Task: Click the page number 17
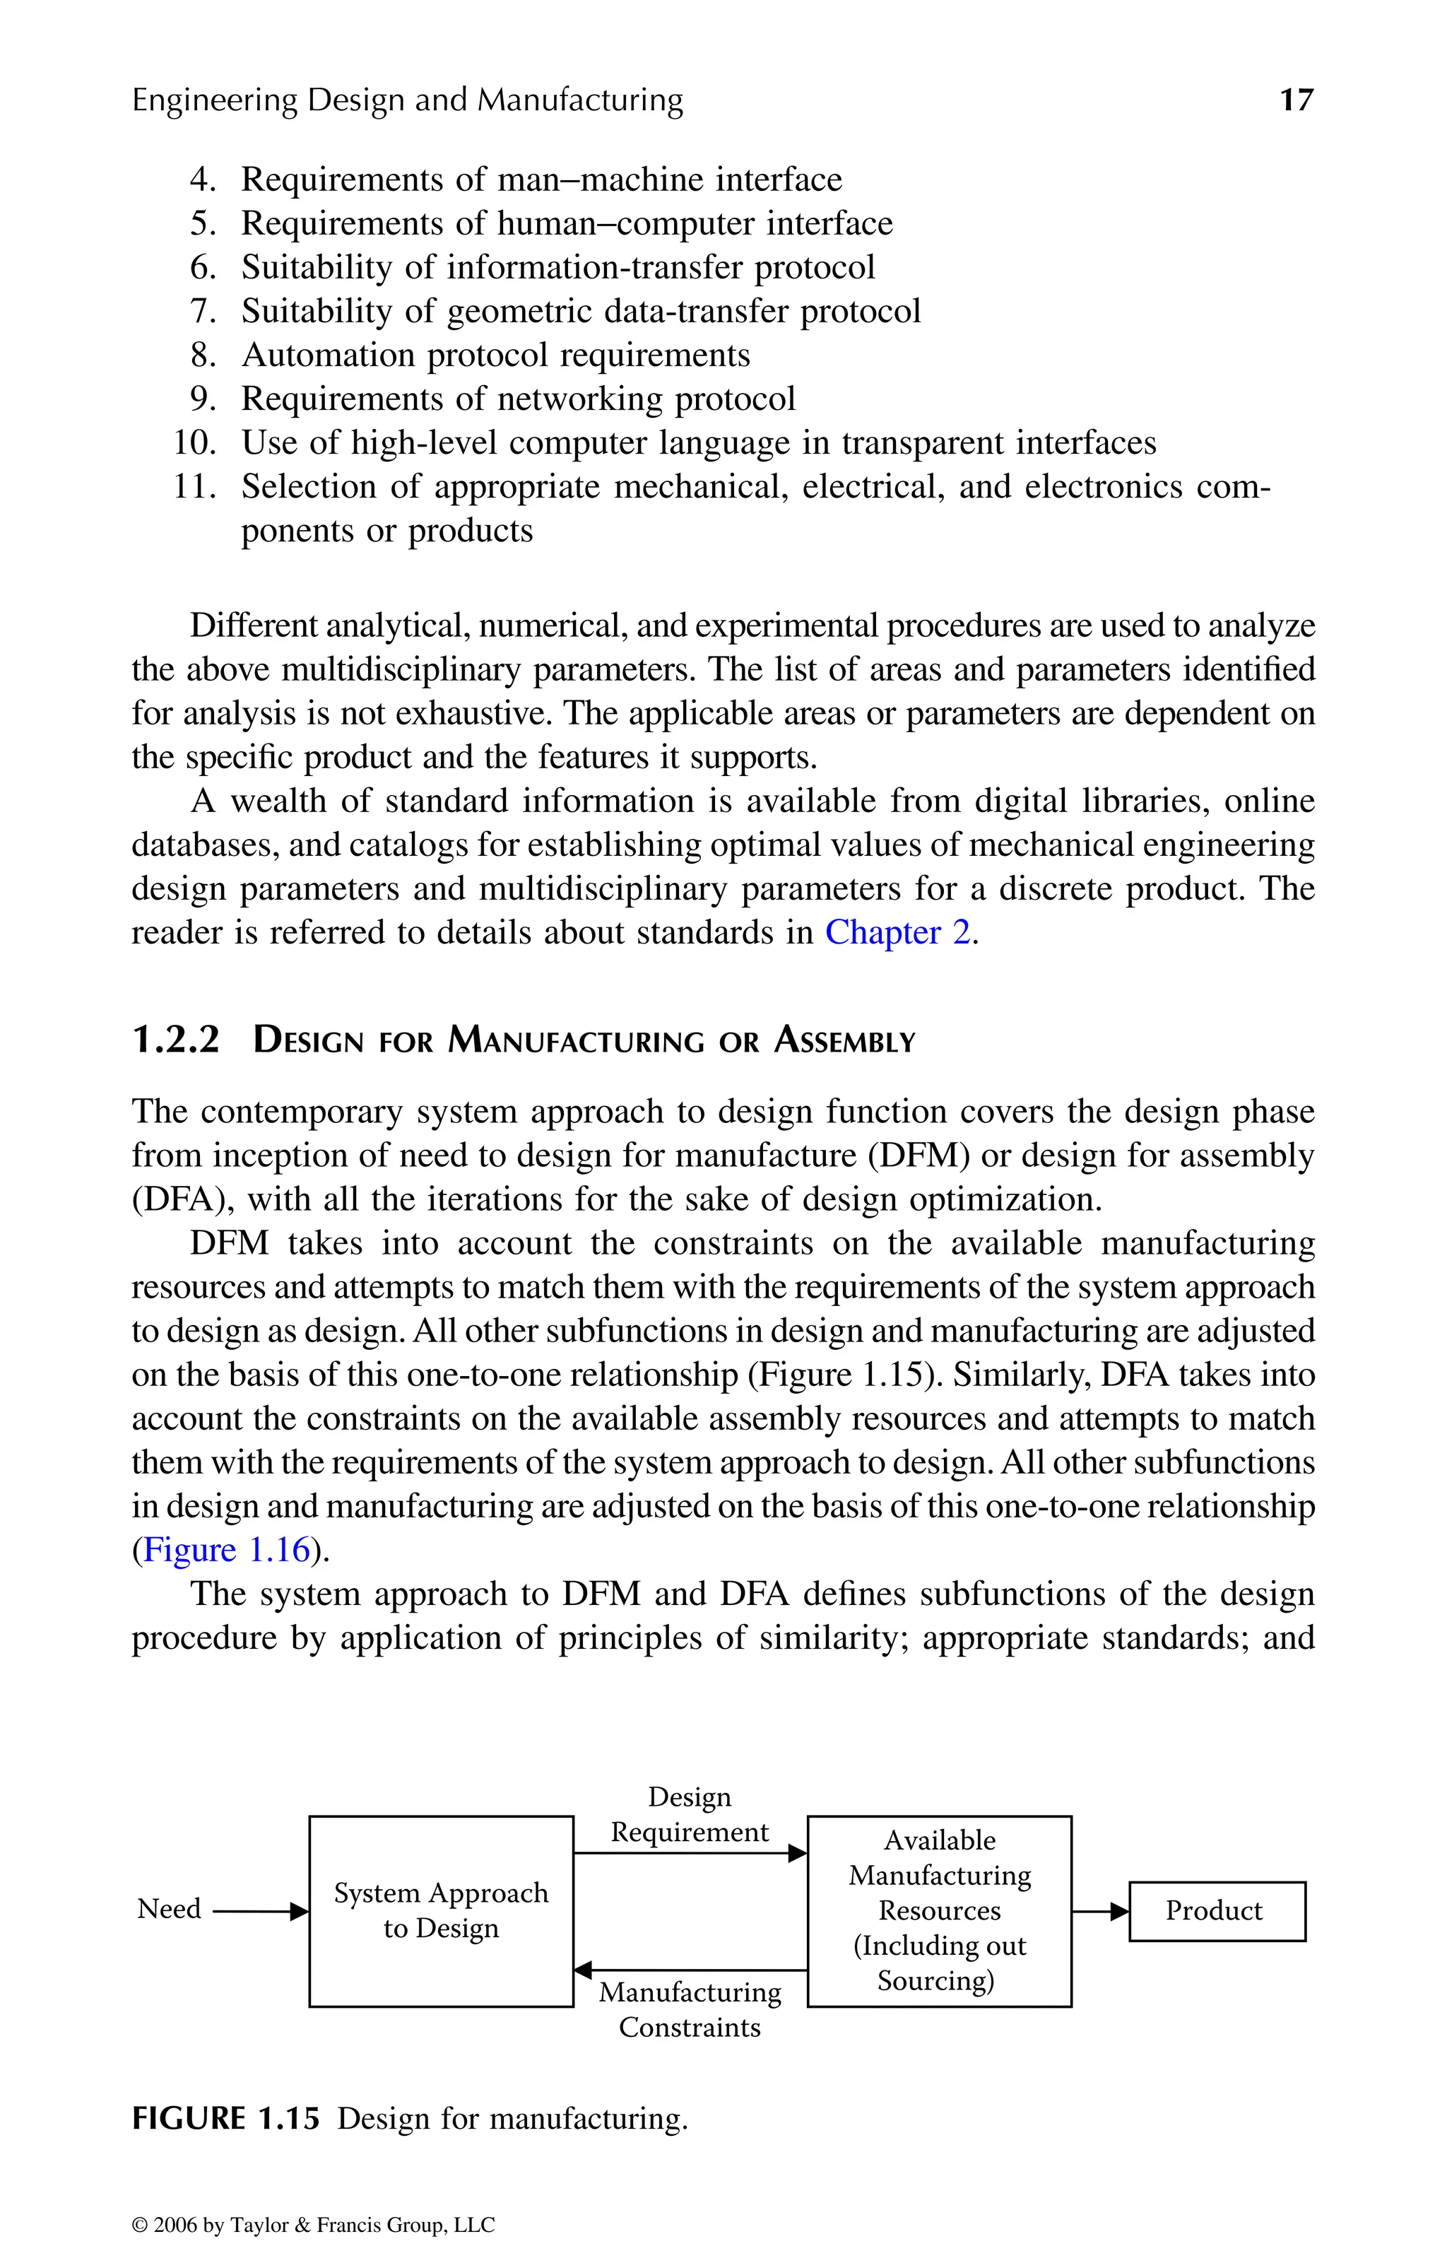pyautogui.click(x=1296, y=100)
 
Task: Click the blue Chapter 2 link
pyautogui.click(x=897, y=932)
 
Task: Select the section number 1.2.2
pyautogui.click(x=176, y=1040)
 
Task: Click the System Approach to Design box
pyautogui.click(x=441, y=1910)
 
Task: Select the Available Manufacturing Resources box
pyautogui.click(x=939, y=1910)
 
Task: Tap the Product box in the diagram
pyautogui.click(x=1216, y=1910)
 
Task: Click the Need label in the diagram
pyautogui.click(x=169, y=1909)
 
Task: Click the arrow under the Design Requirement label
pyautogui.click(x=690, y=1853)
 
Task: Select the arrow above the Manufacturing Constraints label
pyautogui.click(x=690, y=1970)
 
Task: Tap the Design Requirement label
pyautogui.click(x=690, y=1815)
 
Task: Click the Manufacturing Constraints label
pyautogui.click(x=690, y=2010)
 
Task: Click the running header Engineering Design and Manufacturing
pyautogui.click(x=407, y=100)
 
